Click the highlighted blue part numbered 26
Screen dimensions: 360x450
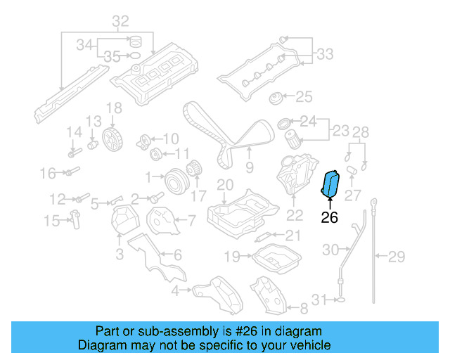point(330,184)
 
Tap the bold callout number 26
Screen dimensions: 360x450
point(329,218)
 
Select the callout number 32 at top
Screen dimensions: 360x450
point(120,20)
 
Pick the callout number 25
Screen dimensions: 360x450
point(304,96)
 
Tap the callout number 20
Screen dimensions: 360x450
point(224,185)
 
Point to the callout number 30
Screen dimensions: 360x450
point(330,249)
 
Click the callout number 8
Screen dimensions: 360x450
point(304,308)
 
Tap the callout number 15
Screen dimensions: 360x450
point(51,221)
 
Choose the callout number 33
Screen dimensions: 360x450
point(325,53)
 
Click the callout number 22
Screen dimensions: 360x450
point(295,215)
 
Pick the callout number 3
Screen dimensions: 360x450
point(119,252)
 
